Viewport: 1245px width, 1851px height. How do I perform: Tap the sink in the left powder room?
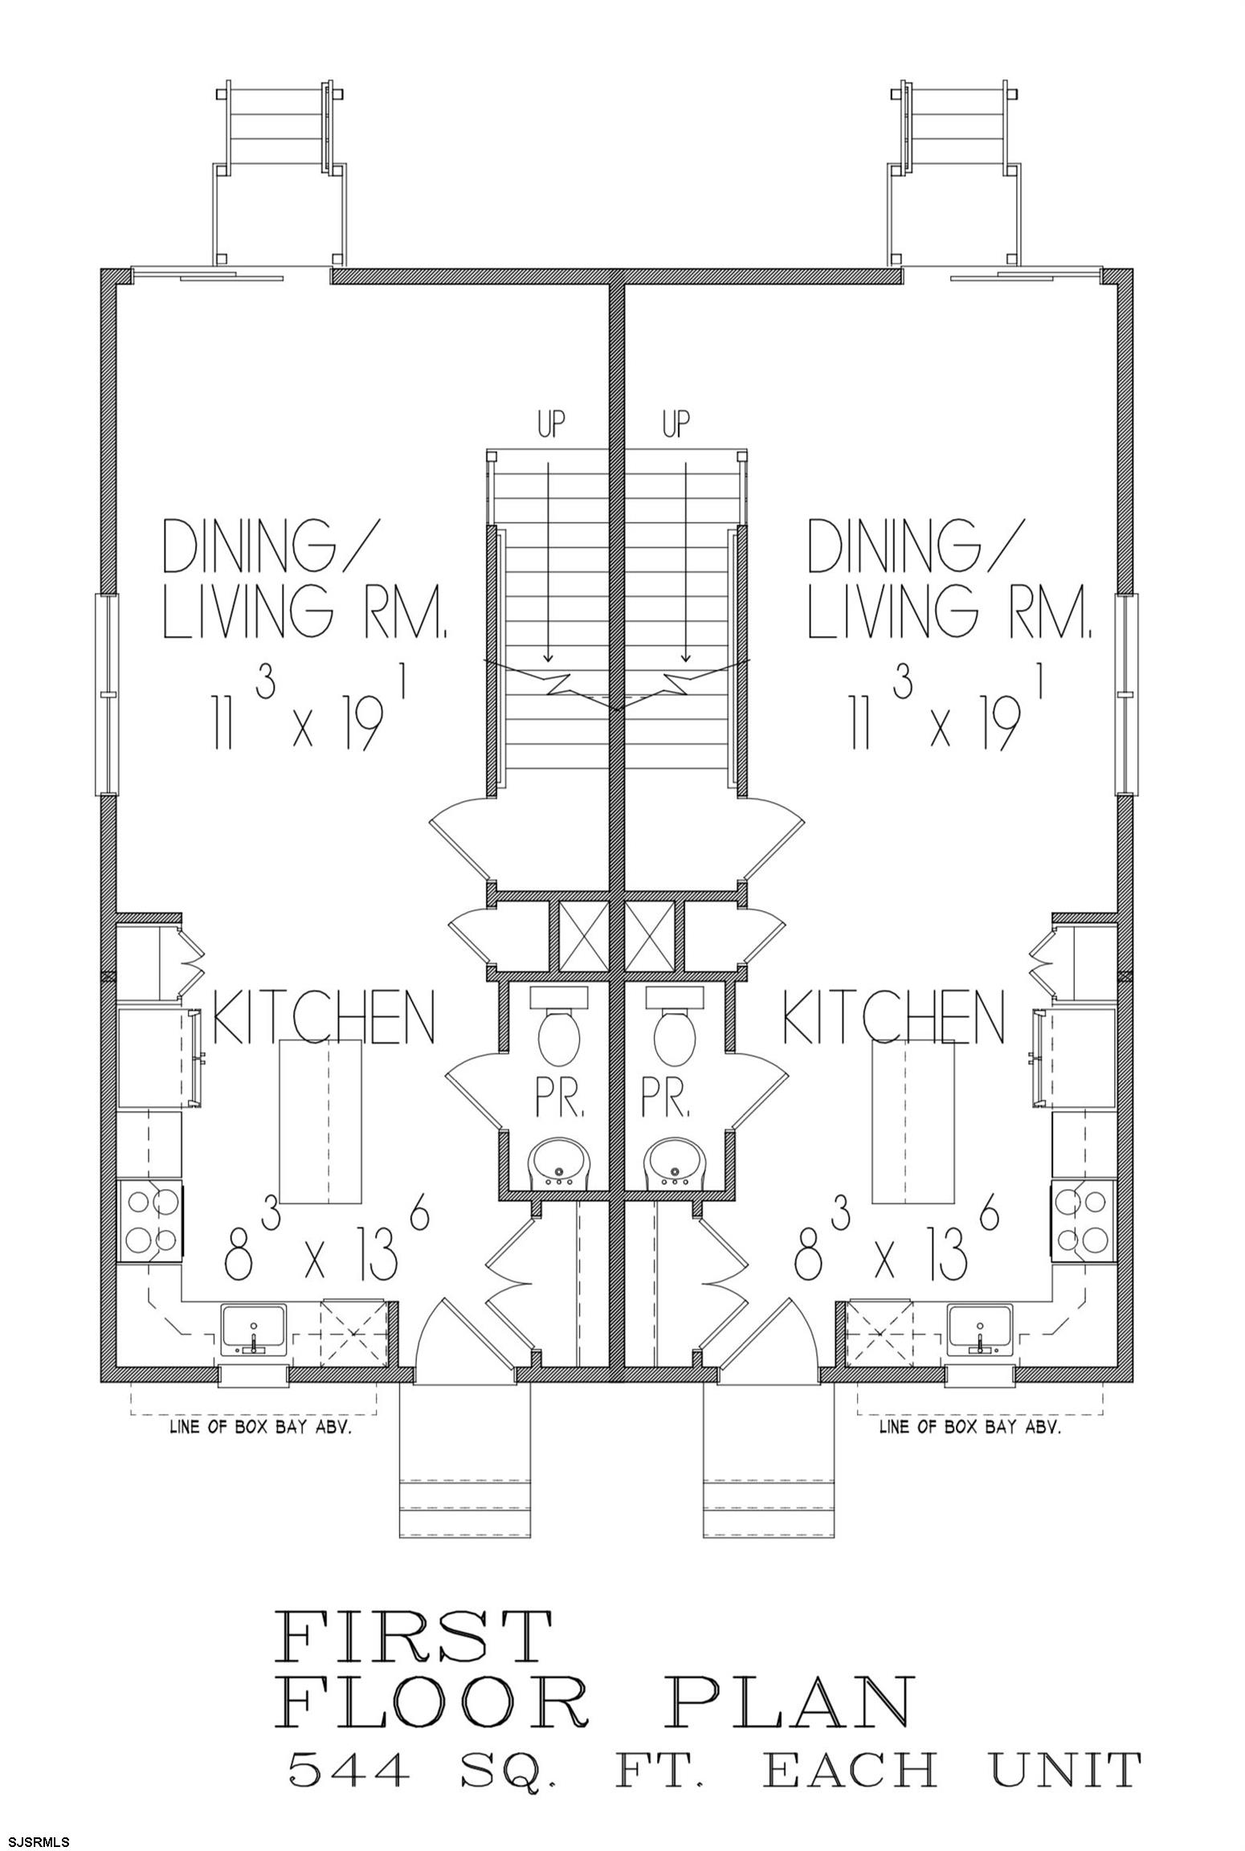click(559, 1162)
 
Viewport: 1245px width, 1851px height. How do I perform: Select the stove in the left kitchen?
click(152, 1221)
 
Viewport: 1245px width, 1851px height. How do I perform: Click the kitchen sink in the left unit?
click(254, 1331)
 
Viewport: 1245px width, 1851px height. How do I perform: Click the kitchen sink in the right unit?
click(981, 1331)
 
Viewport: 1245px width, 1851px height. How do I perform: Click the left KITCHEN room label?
click(323, 1016)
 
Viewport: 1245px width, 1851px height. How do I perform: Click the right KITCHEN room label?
click(893, 1016)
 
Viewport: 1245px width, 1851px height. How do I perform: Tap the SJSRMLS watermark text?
click(36, 1836)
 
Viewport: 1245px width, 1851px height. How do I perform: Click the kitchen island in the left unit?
click(320, 1122)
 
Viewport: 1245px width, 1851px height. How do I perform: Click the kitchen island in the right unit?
click(913, 1122)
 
